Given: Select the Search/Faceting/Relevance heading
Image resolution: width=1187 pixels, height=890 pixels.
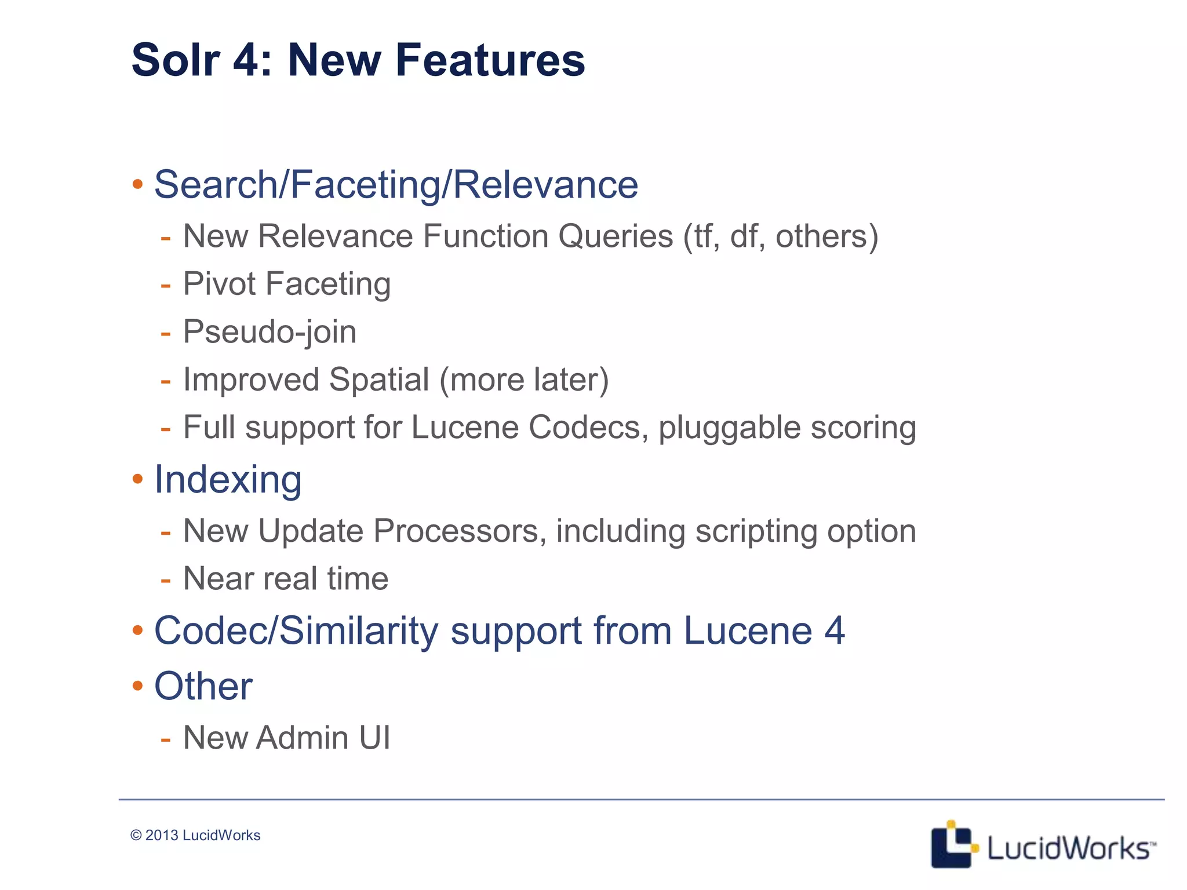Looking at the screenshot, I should pyautogui.click(x=396, y=185).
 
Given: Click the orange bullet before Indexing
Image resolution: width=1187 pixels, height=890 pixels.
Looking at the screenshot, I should pyautogui.click(x=137, y=479).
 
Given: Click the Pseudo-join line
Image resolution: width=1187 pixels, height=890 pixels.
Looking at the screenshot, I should pyautogui.click(x=270, y=332).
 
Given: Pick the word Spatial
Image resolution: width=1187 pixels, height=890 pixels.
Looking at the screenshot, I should pyautogui.click(x=379, y=380).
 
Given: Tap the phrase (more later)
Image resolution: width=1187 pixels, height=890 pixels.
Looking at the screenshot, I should pyautogui.click(x=524, y=380).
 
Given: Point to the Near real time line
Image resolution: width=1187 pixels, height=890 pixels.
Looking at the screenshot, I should pyautogui.click(x=286, y=578).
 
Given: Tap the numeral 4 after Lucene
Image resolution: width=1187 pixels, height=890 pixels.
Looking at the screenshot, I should pyautogui.click(x=835, y=630).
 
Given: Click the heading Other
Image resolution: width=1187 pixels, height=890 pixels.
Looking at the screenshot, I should pyautogui.click(x=203, y=686).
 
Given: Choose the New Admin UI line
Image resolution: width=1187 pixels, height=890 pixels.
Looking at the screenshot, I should pyautogui.click(x=286, y=738).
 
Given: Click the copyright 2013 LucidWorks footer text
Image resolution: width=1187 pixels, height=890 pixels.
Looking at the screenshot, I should pyautogui.click(x=195, y=835).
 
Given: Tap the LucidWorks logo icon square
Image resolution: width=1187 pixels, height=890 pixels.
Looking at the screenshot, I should pyautogui.click(x=951, y=845).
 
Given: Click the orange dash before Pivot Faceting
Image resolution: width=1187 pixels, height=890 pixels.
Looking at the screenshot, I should pyautogui.click(x=166, y=285).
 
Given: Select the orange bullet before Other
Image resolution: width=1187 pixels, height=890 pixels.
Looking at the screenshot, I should pyautogui.click(x=137, y=686).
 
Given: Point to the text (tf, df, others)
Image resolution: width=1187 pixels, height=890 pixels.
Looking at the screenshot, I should pyautogui.click(x=781, y=236).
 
